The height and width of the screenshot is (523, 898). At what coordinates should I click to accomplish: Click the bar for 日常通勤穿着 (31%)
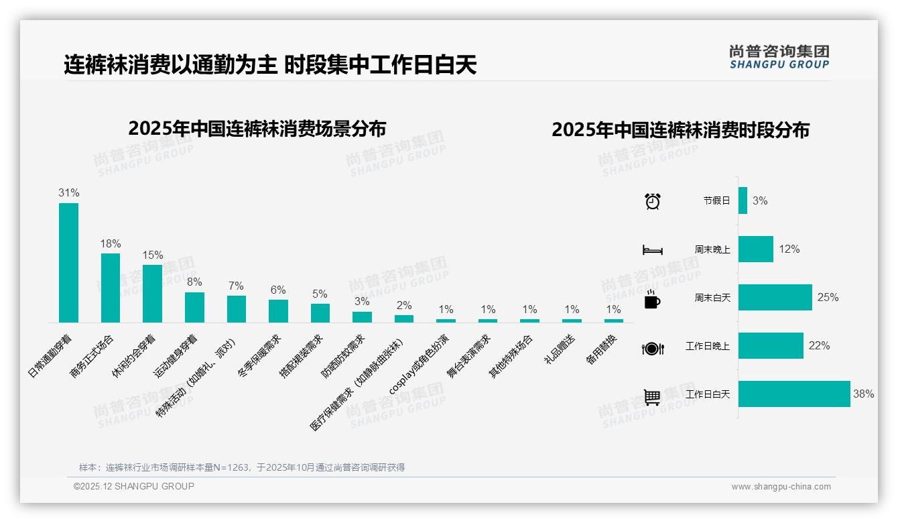[x=68, y=263]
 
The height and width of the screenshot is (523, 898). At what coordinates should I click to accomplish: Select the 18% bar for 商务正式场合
[x=111, y=288]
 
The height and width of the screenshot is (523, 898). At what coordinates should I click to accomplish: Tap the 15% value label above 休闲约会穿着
[x=153, y=255]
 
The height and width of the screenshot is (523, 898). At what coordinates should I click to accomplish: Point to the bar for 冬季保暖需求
[x=278, y=311]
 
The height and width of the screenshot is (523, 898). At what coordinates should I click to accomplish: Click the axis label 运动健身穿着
[x=176, y=356]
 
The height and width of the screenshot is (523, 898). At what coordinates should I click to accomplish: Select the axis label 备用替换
[x=601, y=349]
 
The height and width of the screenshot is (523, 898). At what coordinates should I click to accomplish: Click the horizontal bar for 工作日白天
[x=794, y=394]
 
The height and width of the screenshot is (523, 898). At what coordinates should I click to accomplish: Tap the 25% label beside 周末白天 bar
[x=828, y=298]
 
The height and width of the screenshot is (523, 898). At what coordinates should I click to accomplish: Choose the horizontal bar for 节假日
[x=743, y=200]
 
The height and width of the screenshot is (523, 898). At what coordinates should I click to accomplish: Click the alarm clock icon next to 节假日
[x=652, y=201]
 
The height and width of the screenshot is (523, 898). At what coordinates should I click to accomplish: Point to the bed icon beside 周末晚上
[x=652, y=250]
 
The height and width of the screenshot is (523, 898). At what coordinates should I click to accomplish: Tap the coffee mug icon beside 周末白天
[x=652, y=299]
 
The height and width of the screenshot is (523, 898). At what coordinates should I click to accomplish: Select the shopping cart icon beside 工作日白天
[x=652, y=397]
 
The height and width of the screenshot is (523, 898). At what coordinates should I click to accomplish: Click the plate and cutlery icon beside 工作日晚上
[x=652, y=348]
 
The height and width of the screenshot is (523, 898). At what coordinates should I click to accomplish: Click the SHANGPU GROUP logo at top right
[x=779, y=57]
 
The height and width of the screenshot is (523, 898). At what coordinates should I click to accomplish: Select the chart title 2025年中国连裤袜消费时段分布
[x=680, y=130]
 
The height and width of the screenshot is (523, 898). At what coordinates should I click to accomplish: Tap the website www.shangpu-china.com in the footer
[x=781, y=487]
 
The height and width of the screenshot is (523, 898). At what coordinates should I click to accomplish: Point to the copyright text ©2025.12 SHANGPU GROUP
[x=134, y=486]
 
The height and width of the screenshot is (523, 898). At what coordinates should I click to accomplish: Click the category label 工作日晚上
[x=708, y=346]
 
